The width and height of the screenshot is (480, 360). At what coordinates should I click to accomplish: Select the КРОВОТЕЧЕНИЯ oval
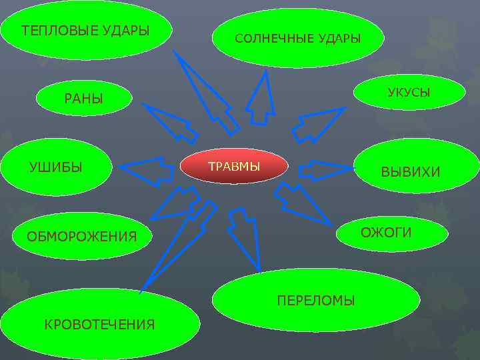click(x=99, y=324)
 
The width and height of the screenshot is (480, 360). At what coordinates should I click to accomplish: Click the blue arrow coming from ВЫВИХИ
click(x=320, y=171)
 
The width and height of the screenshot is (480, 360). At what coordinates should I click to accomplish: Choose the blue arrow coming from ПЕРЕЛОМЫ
click(x=243, y=233)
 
